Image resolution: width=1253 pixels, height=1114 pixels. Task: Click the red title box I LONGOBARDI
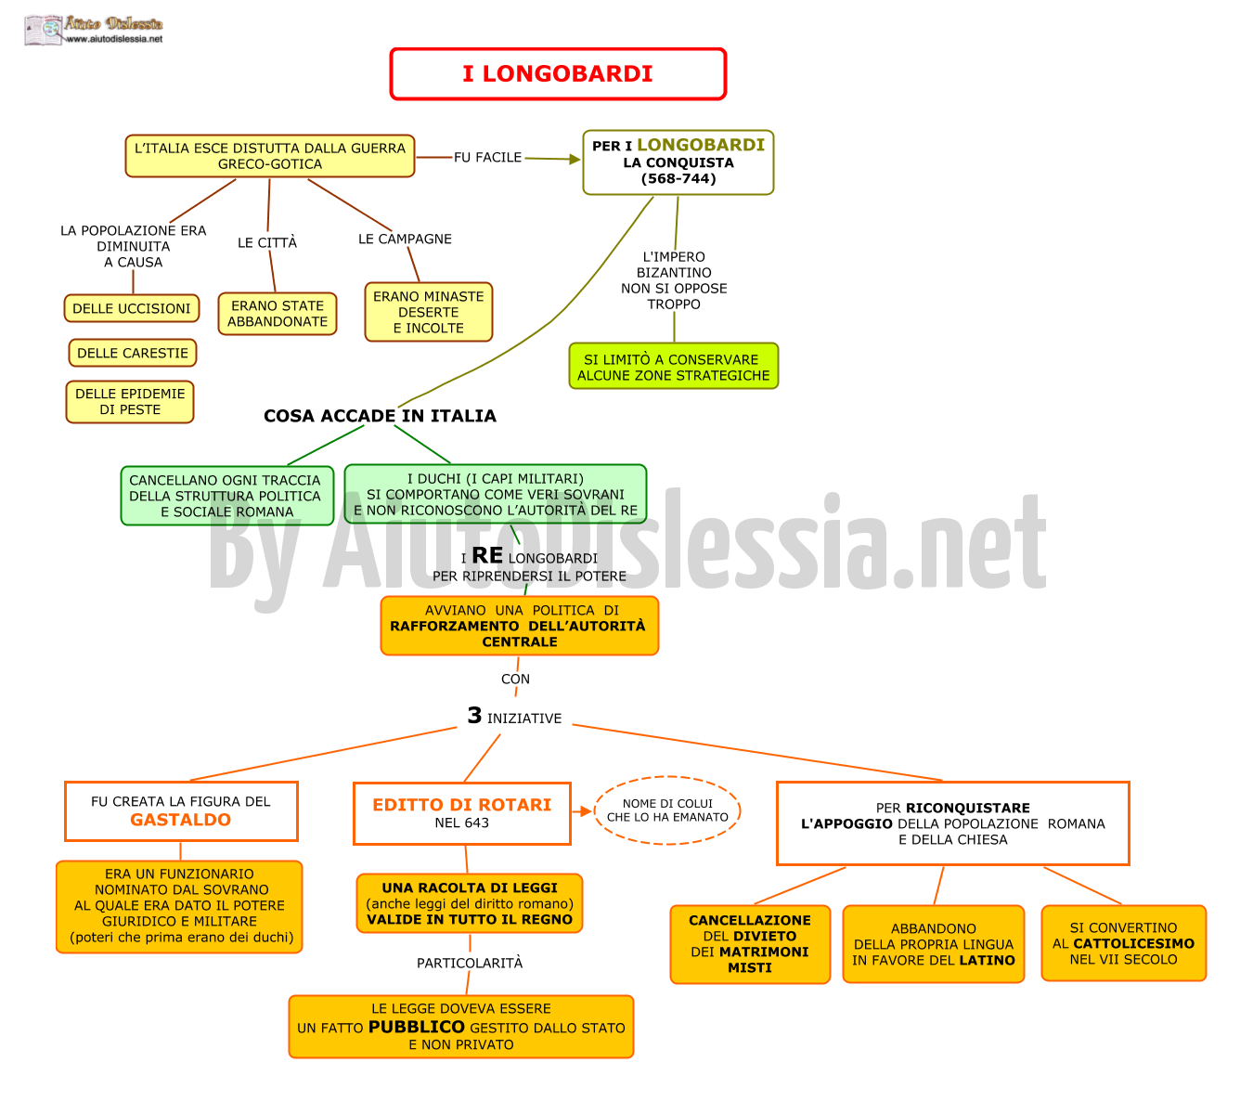click(x=557, y=73)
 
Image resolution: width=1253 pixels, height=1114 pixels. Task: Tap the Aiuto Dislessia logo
click(x=94, y=30)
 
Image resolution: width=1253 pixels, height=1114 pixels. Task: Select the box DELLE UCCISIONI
click(x=132, y=308)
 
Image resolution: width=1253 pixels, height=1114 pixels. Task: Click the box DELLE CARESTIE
click(x=133, y=353)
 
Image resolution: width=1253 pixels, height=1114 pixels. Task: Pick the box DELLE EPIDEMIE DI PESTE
click(x=130, y=401)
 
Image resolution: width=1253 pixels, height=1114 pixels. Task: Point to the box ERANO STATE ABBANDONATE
click(x=278, y=314)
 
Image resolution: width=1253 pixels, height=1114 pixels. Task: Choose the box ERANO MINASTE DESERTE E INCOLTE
click(x=429, y=312)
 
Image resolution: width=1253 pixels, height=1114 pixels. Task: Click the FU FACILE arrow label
click(x=487, y=157)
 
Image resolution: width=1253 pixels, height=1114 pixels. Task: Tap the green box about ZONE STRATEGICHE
click(x=674, y=366)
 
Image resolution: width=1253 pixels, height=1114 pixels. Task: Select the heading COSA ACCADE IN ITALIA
click(x=380, y=416)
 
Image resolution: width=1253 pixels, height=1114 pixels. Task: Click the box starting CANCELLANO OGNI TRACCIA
click(x=227, y=496)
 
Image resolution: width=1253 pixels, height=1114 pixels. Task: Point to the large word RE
click(x=487, y=555)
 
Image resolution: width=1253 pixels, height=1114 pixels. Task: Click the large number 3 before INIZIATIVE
click(x=474, y=715)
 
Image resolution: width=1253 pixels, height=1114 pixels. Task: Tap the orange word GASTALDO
click(x=181, y=820)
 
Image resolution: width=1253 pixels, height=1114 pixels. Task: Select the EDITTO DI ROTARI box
click(x=462, y=813)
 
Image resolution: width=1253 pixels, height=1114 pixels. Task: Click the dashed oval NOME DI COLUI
click(x=667, y=810)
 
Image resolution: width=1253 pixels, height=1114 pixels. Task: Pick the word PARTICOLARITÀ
click(x=470, y=963)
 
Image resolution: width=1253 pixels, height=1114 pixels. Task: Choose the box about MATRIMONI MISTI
click(x=750, y=944)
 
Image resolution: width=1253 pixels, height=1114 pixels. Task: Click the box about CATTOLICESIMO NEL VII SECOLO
click(x=1123, y=943)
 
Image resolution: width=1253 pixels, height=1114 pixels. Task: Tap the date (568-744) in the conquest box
click(x=678, y=179)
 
